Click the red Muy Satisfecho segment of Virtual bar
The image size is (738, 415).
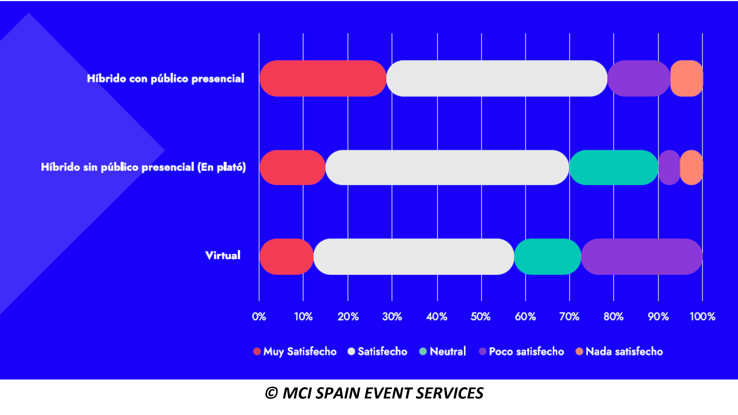[x=287, y=256]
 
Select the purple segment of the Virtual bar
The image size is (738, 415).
[x=642, y=256]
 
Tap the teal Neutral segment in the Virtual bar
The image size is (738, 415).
[x=548, y=256]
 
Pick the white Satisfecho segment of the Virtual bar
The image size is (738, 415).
[x=414, y=256]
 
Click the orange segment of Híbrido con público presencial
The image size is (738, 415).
[x=687, y=78]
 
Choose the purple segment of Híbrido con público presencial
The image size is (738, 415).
[x=639, y=78]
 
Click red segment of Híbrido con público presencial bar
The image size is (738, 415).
[x=323, y=78]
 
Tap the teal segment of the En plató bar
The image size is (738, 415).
[x=614, y=167]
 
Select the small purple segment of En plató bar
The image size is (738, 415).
[x=669, y=167]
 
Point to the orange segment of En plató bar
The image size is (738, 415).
[x=691, y=167]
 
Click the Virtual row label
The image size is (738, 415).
[x=223, y=255]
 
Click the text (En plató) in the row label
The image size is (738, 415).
[x=221, y=167]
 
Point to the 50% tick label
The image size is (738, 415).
[x=481, y=316]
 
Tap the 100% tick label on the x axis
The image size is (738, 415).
[x=702, y=316]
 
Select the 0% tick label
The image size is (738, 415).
[x=259, y=316]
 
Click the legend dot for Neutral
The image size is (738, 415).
[x=423, y=351]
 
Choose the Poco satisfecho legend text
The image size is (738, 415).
[x=526, y=351]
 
